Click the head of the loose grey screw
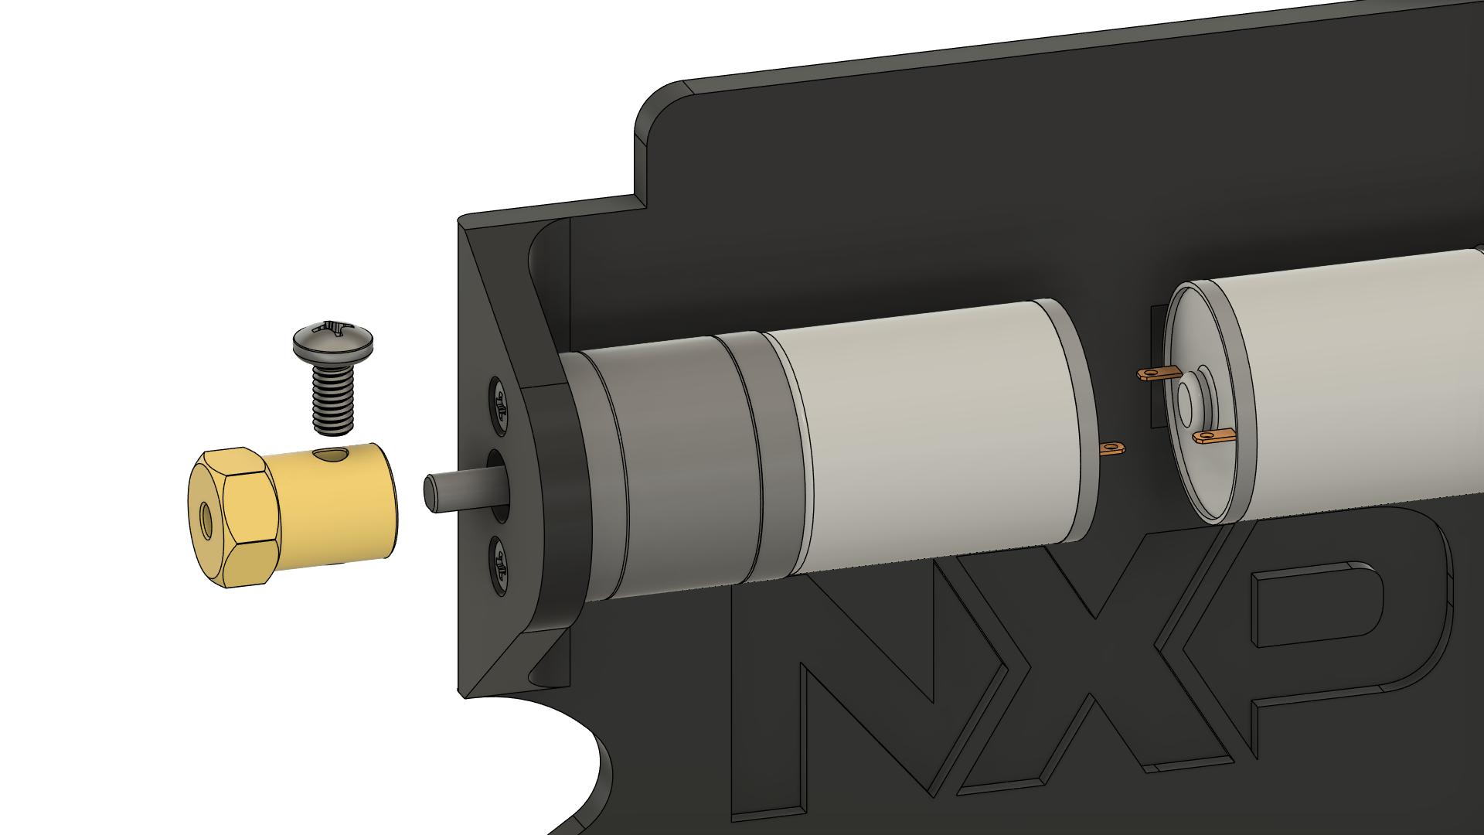pos(334,342)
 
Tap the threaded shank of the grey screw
pos(333,397)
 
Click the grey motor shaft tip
pos(432,492)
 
